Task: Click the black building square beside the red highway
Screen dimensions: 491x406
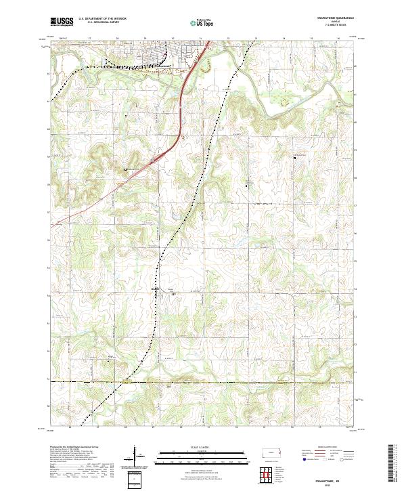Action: click(126, 169)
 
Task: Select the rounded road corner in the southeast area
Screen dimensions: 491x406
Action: click(290, 296)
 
